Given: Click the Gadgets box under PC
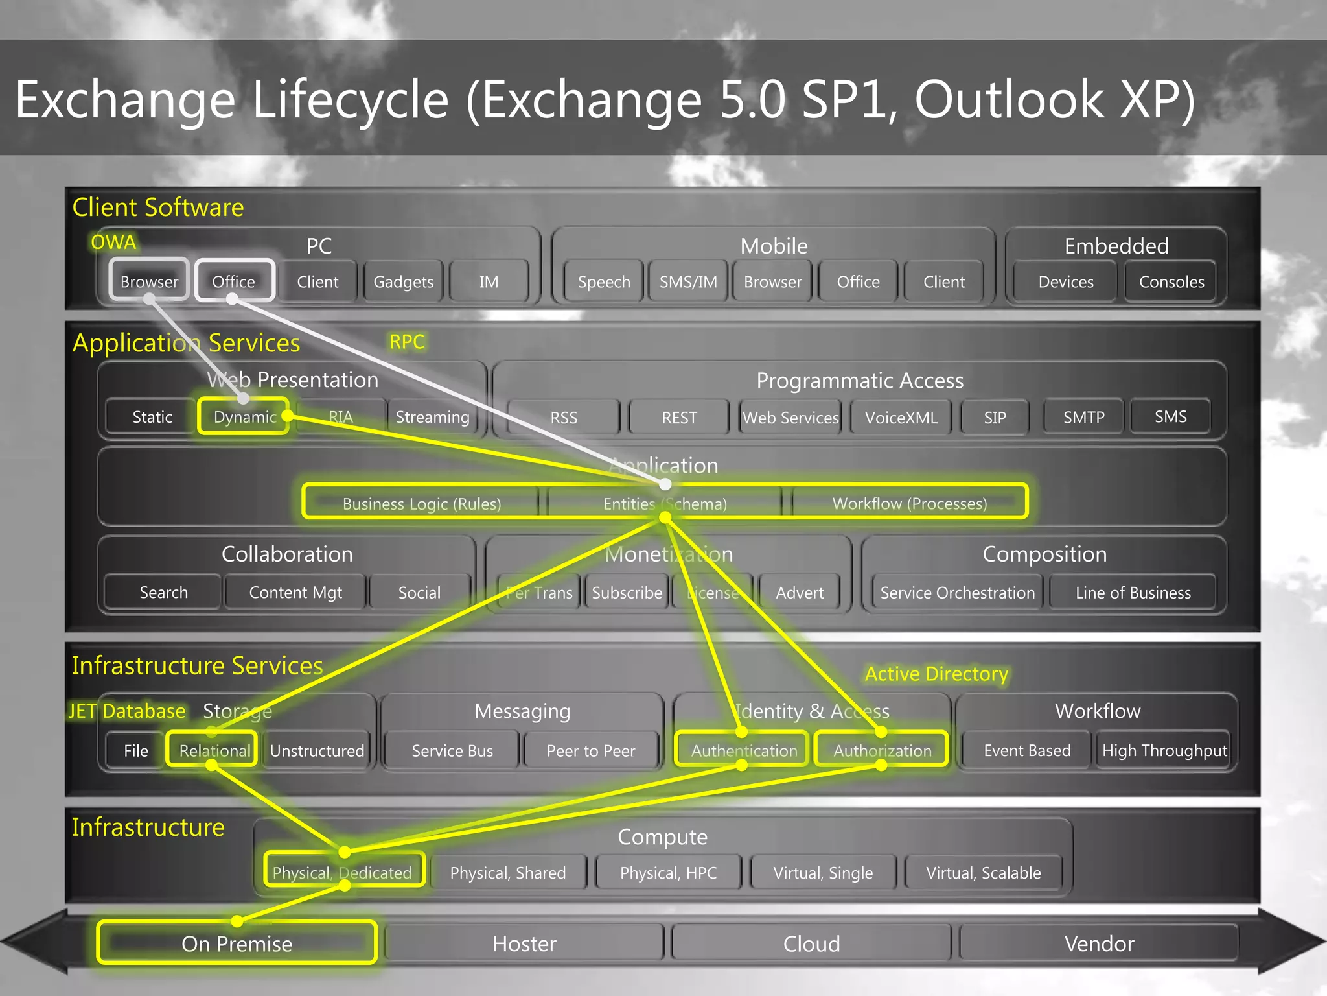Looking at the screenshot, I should click(x=403, y=281).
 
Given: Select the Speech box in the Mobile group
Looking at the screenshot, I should click(x=603, y=281).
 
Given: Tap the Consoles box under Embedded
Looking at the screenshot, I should click(x=1171, y=281).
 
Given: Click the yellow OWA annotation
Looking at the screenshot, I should click(x=113, y=242).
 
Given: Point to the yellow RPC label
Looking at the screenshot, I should click(x=407, y=342).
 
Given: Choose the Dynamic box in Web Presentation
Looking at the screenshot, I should click(x=244, y=417).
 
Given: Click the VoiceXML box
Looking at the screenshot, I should click(x=901, y=418).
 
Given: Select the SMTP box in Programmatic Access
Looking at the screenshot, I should click(x=1083, y=417).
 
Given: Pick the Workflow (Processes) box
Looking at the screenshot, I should click(x=909, y=503).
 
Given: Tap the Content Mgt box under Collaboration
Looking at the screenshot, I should click(x=295, y=592).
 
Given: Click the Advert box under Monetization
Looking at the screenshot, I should click(x=800, y=593).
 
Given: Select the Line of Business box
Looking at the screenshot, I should click(x=1133, y=593).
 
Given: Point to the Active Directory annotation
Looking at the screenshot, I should click(x=936, y=674).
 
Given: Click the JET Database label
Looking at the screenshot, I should click(x=127, y=711).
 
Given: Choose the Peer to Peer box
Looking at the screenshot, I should click(x=590, y=751).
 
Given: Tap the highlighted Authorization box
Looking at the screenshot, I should click(x=882, y=750).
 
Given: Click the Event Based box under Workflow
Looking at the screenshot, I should click(x=1027, y=750).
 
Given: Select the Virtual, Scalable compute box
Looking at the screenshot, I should click(x=983, y=873).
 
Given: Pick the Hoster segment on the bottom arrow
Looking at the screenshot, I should click(x=524, y=943).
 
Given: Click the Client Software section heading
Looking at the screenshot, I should click(x=158, y=207).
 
